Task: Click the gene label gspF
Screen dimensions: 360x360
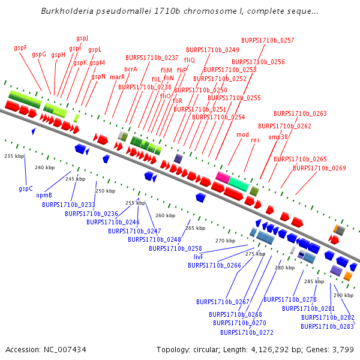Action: [20, 47]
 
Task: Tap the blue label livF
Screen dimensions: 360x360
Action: [198, 257]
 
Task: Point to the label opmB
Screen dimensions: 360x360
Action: [44, 195]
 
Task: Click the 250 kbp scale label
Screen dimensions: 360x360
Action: [105, 191]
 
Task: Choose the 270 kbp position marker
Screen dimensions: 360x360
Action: [225, 241]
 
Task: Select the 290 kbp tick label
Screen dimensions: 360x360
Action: [343, 295]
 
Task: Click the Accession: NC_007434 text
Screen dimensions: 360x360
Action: [46, 349]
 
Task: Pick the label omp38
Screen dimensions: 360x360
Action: [278, 137]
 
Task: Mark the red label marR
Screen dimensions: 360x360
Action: [117, 77]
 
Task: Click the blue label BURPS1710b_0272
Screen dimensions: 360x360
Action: [247, 332]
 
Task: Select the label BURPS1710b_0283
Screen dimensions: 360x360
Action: [327, 326]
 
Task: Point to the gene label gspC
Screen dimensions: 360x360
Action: [25, 188]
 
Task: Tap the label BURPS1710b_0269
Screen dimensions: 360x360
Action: [319, 168]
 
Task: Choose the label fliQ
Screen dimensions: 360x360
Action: [190, 60]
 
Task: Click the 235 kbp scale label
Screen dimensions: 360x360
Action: [14, 156]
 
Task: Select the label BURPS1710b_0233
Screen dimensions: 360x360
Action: [68, 205]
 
